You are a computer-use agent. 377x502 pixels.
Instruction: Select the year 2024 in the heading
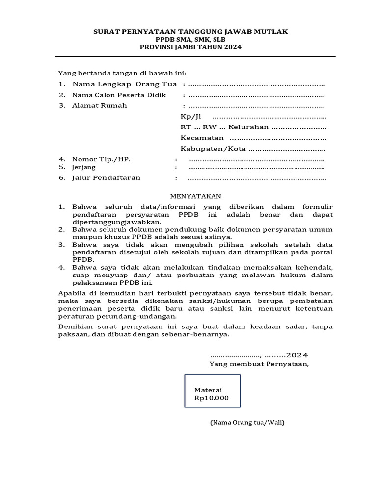[233, 47]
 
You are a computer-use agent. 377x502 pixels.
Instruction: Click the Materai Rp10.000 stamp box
[212, 391]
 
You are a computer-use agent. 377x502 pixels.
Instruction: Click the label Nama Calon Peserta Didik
[119, 95]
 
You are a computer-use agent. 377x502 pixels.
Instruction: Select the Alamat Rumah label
[99, 105]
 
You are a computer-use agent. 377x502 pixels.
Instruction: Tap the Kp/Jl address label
[191, 117]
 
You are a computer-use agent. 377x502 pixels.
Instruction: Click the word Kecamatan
[202, 138]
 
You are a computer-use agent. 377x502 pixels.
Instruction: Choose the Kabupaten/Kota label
[213, 149]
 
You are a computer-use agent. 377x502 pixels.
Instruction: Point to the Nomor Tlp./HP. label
[101, 159]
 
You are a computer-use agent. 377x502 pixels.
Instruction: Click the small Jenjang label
[84, 167]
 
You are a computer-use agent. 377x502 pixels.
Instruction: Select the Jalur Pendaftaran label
[106, 177]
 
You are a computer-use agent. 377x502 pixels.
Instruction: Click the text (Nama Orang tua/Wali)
[247, 422]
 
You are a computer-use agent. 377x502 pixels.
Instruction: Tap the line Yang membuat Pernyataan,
[259, 364]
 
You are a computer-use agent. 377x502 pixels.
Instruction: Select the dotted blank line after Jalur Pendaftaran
[257, 178]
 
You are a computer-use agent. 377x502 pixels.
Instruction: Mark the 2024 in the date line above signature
[297, 355]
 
